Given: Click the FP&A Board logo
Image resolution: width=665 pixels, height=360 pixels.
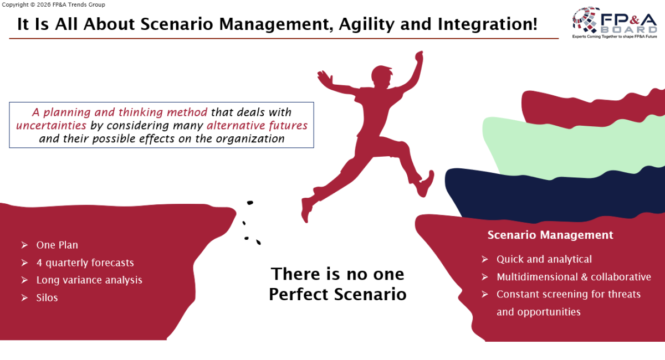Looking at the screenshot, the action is (x=615, y=23).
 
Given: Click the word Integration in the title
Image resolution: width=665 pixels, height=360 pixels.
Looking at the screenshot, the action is (x=488, y=24).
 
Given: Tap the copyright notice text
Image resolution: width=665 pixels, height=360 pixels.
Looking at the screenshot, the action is (x=53, y=5).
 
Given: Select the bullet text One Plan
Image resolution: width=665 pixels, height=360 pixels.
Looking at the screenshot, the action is (x=57, y=245).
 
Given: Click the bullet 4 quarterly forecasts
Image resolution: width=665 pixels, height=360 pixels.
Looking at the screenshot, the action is (x=85, y=263).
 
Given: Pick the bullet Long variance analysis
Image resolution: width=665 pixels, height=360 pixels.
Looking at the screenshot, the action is (x=89, y=280).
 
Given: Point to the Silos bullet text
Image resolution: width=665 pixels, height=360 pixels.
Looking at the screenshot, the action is (x=47, y=297).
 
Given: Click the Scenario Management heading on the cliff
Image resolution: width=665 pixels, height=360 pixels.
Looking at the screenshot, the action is (x=550, y=235).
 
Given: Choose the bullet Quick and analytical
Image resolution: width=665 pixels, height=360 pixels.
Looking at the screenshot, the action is (x=544, y=259).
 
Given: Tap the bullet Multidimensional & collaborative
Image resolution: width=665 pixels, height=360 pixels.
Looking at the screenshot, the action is (x=574, y=277).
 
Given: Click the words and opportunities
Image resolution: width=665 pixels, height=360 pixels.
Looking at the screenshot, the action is (x=539, y=312).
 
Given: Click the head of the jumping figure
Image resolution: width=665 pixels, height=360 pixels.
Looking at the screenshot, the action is (x=381, y=76).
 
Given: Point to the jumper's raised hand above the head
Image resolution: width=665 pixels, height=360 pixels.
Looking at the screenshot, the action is (x=419, y=56).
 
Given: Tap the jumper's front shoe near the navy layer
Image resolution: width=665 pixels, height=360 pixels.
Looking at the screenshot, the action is (x=425, y=184).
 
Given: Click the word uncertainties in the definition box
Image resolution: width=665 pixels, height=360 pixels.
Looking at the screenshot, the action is (x=51, y=126).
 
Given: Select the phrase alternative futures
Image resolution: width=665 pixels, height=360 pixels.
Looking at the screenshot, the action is (x=257, y=126).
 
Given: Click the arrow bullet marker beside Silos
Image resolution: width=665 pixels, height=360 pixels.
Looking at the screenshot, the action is (x=24, y=297).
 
